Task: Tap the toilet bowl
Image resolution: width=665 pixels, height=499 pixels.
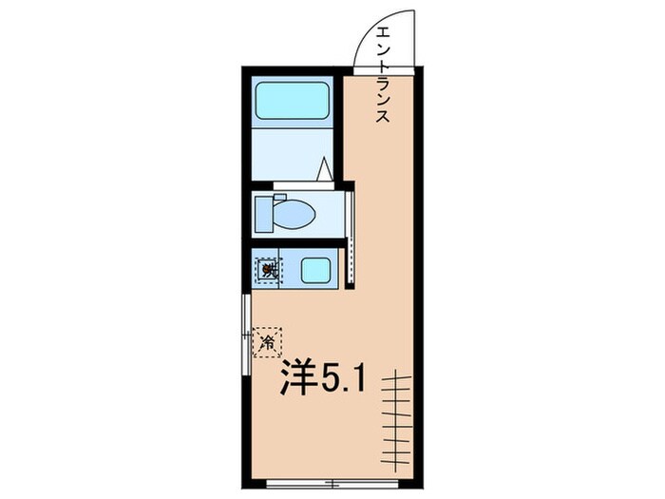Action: click(x=295, y=217)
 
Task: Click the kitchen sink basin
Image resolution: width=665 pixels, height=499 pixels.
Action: click(x=314, y=270)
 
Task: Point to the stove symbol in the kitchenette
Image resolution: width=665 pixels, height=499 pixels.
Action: click(x=268, y=271)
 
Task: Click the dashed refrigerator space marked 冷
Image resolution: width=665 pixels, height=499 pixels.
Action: click(x=268, y=340)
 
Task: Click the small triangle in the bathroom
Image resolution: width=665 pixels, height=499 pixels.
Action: click(x=324, y=168)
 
